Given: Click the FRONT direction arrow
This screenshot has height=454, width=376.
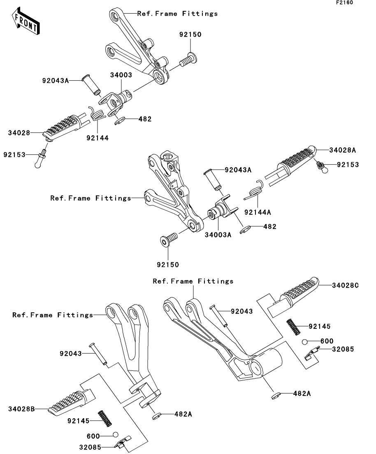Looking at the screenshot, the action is pos(26,21).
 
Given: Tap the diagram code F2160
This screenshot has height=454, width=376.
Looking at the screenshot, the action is pos(344,2).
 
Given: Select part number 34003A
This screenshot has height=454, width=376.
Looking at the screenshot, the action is pos(218,235).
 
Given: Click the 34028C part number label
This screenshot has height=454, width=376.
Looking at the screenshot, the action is pos(345,286).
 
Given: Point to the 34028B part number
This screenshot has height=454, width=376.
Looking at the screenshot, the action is pos(21,409).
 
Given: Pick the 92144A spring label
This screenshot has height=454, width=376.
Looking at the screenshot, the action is pos(258,212).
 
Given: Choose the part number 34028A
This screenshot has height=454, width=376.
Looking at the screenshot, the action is pos(343,150).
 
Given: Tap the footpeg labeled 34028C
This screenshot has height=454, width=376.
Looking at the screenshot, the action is pos(292,296).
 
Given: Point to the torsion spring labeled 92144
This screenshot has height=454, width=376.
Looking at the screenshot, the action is pos(97,113).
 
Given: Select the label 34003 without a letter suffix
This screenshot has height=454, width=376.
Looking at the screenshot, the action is pos(121,75).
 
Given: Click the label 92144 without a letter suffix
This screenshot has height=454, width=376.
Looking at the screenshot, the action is pos(97,138).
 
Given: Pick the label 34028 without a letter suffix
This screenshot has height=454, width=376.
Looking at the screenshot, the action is pos(19,133).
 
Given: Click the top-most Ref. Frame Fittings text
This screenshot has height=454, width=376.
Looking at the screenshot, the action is pos(177,14).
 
